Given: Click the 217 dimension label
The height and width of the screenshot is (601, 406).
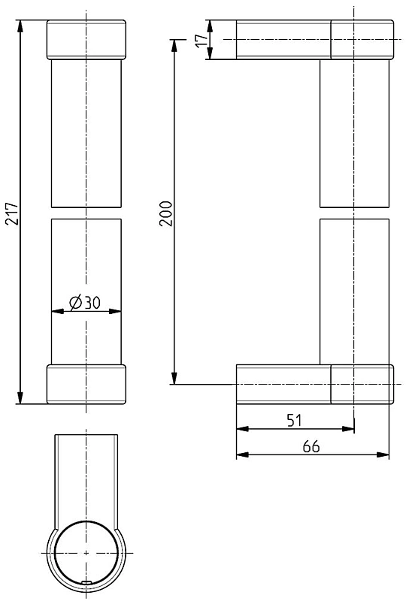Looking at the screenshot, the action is [x=12, y=213].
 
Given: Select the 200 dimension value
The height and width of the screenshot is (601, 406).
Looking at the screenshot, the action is [x=166, y=213].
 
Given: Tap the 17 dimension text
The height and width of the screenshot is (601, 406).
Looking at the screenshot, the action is [x=202, y=40].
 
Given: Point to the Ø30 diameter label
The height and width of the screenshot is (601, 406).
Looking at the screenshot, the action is [x=85, y=303].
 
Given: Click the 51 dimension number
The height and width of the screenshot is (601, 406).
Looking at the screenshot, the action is [x=294, y=421].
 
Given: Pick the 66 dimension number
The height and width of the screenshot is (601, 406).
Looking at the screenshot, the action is [x=311, y=446].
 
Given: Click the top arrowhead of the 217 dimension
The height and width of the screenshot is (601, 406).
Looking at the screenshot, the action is [x=20, y=26].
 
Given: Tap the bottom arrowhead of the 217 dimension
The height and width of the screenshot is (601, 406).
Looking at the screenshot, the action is [x=20, y=397].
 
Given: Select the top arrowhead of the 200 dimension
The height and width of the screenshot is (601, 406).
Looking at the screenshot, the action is [x=174, y=46].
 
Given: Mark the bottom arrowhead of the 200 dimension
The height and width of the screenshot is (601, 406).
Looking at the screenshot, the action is [x=174, y=378].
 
